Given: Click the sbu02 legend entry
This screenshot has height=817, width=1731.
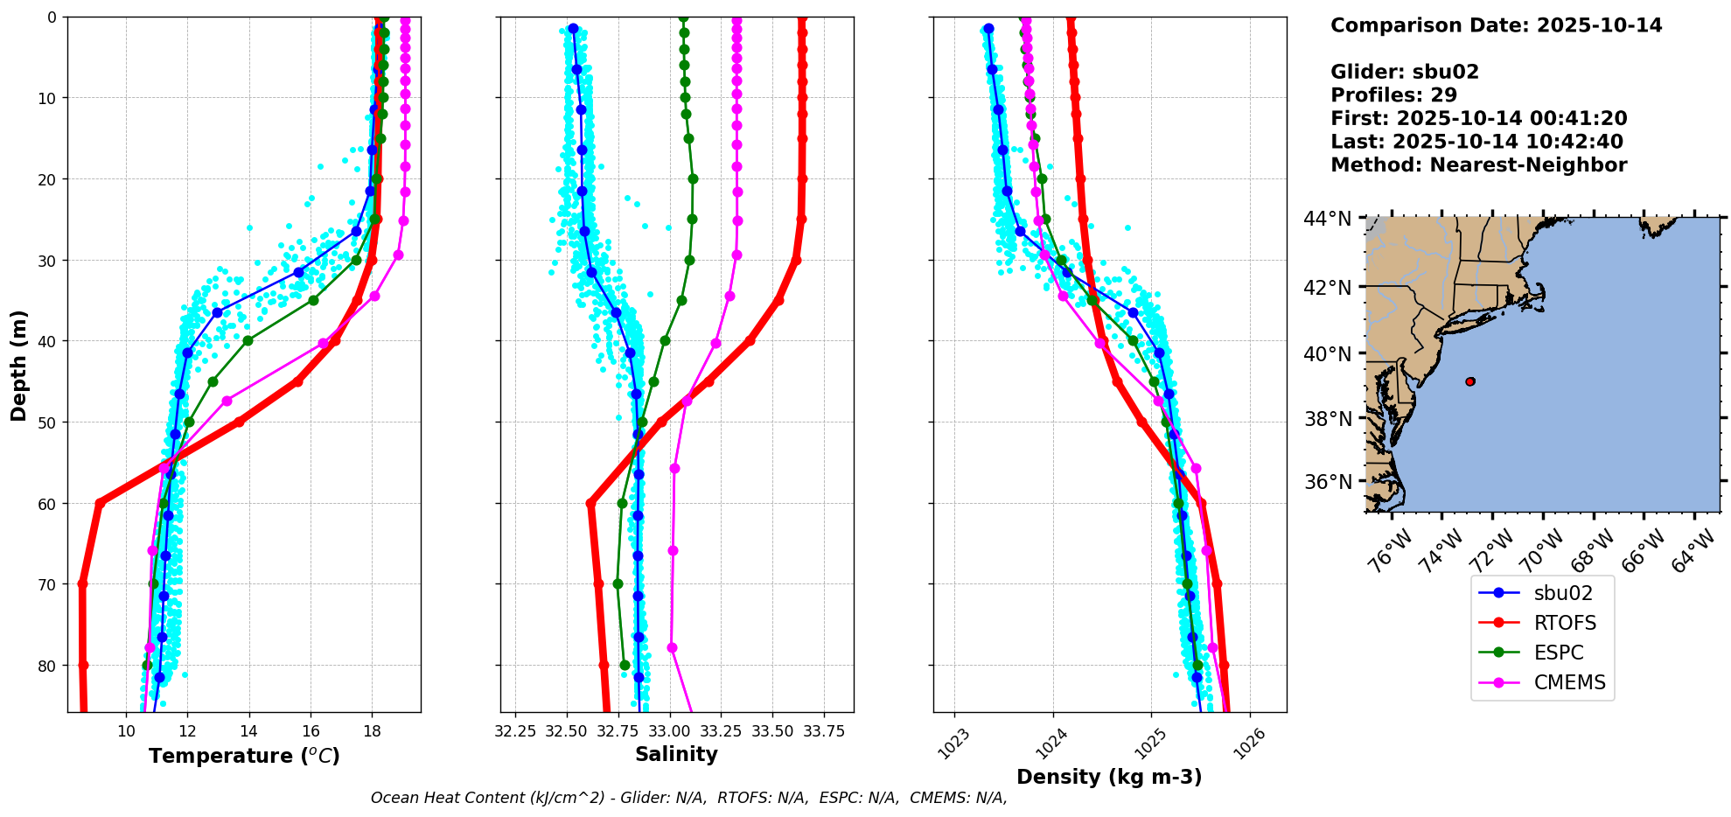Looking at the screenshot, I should tap(1562, 593).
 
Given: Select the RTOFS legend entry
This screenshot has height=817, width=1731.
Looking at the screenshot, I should tap(1564, 623).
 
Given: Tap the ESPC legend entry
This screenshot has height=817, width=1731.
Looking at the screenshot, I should tap(1558, 653).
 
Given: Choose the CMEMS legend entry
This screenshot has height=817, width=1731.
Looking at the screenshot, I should tap(1569, 682).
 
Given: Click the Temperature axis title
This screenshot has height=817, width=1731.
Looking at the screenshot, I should tap(244, 756).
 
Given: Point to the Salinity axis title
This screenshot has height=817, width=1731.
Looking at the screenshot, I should tap(676, 754).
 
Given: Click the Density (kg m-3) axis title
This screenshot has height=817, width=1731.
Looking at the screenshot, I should tap(1109, 777).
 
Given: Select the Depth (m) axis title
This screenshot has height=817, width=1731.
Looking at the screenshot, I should tap(19, 365).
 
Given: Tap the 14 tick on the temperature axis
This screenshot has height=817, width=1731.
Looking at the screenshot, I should tap(249, 730).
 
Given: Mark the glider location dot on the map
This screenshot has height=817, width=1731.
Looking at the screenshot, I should tap(1470, 381).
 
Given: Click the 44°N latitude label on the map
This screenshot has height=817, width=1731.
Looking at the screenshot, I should tap(1327, 219).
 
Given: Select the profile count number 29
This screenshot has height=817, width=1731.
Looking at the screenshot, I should tap(1444, 95).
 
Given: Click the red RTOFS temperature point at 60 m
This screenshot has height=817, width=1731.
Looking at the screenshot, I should tap(100, 503).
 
